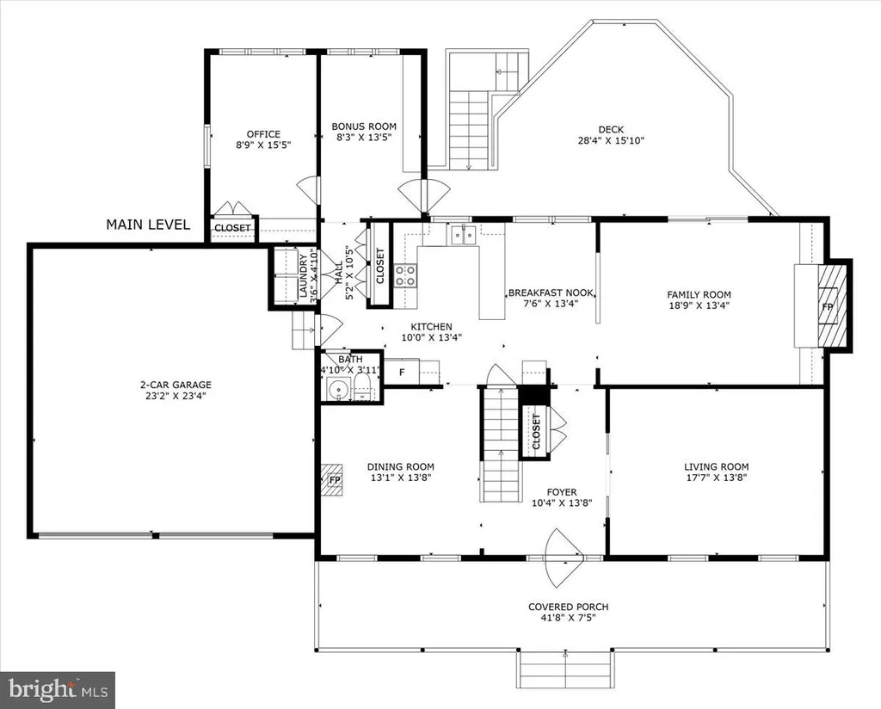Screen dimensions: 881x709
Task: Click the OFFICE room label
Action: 263,134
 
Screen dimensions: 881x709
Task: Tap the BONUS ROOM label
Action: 364,127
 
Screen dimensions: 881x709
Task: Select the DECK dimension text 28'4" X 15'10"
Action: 611,140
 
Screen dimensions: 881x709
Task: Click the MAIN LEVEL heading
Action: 148,225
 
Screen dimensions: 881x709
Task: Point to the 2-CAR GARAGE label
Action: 176,385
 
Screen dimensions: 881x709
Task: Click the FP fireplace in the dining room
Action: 335,480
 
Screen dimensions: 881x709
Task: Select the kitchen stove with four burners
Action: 405,275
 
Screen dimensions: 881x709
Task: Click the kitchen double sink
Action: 463,235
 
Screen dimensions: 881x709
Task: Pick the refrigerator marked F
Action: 402,372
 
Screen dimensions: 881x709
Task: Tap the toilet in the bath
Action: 362,388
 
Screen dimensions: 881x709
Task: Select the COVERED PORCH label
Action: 568,607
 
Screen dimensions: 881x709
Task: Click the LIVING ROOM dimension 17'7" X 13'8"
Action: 716,478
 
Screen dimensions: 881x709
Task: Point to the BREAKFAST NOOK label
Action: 551,293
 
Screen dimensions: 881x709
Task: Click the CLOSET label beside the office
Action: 232,228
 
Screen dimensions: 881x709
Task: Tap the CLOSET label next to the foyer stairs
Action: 535,431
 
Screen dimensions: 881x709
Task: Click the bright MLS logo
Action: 58,690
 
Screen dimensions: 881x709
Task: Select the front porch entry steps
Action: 564,669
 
